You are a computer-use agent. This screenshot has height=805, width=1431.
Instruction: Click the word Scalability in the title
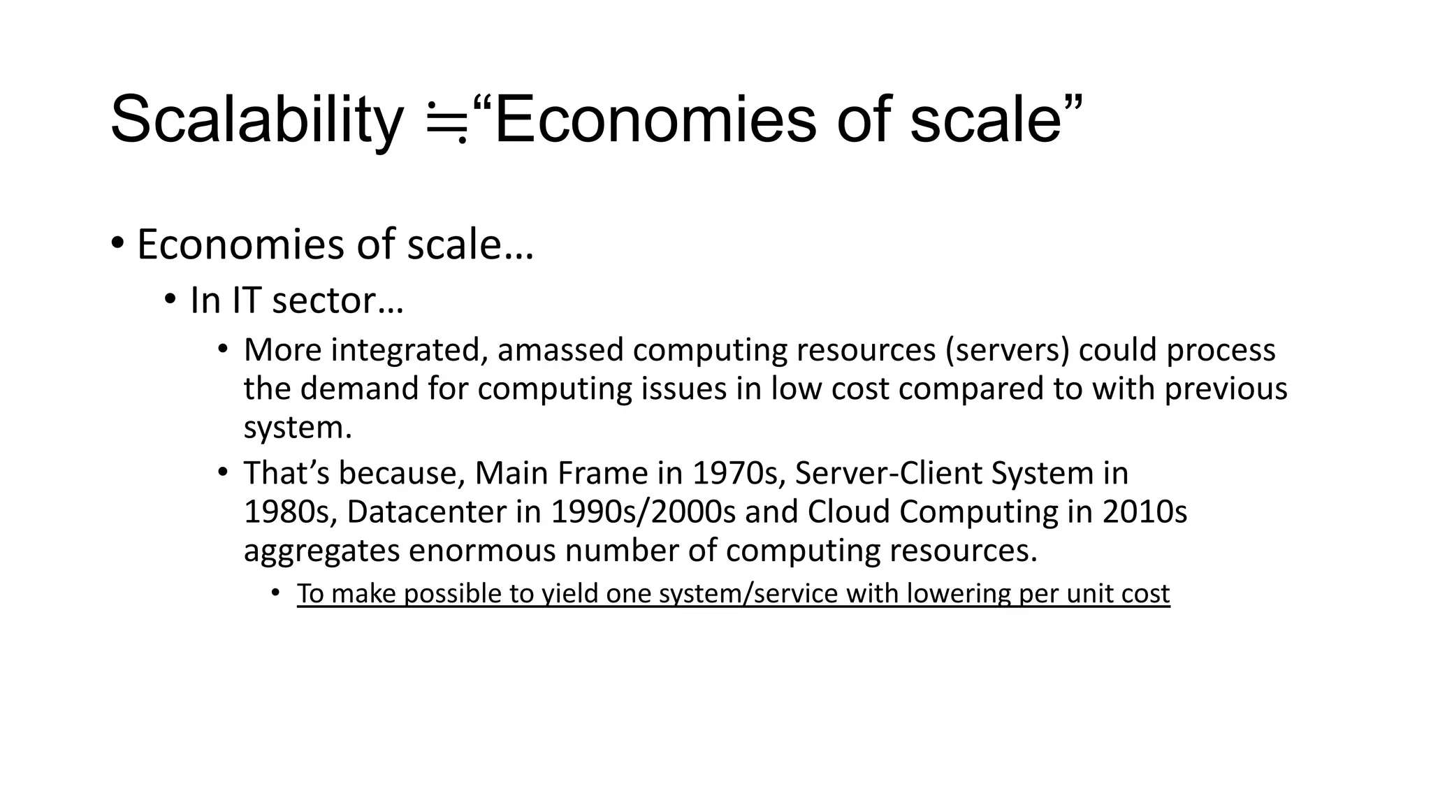click(256, 120)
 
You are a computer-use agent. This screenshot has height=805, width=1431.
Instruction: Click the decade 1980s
click(286, 512)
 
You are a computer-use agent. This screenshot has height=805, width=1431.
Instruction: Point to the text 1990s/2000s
click(643, 512)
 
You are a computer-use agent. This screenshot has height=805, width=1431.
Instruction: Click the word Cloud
click(848, 512)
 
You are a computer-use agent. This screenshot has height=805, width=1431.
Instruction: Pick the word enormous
click(482, 551)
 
